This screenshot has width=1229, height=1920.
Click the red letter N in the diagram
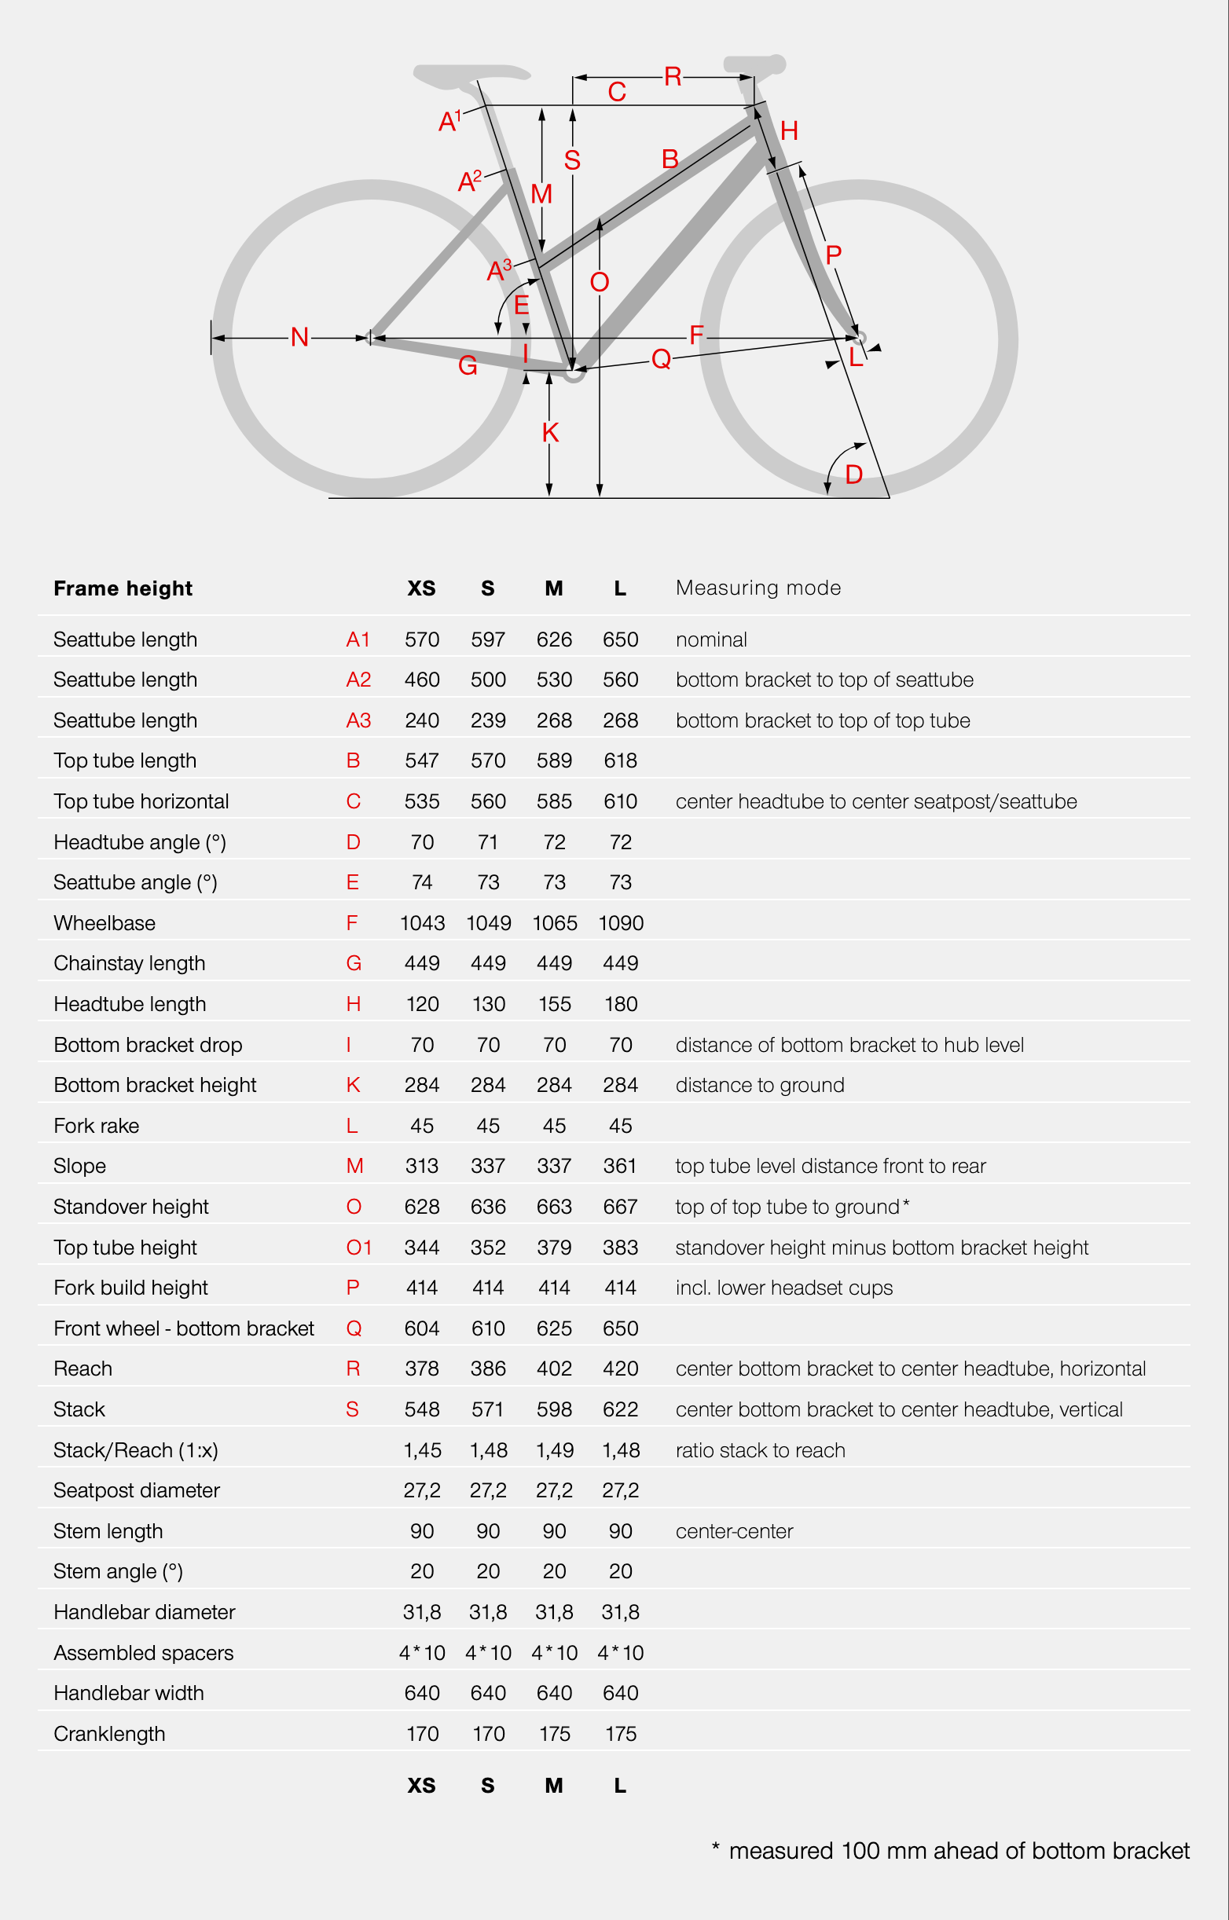(x=299, y=338)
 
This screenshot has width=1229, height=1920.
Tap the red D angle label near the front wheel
(x=853, y=475)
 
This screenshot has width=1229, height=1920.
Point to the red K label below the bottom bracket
(x=550, y=432)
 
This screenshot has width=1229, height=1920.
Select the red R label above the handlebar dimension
(x=672, y=76)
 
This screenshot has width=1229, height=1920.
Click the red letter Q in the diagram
(x=661, y=359)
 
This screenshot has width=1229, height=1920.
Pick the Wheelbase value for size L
(x=620, y=923)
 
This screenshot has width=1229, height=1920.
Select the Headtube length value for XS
(x=421, y=1003)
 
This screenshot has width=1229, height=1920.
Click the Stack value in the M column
(x=554, y=1409)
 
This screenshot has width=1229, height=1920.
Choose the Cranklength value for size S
(x=488, y=1733)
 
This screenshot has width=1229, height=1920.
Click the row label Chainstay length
(x=130, y=963)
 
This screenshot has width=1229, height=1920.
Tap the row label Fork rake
(x=96, y=1126)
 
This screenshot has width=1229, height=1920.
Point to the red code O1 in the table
(x=358, y=1247)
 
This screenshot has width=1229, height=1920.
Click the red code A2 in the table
(x=358, y=680)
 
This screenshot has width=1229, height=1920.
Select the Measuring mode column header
(x=758, y=588)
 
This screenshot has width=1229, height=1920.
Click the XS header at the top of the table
(x=421, y=588)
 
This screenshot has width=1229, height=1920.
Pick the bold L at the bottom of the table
(x=620, y=1785)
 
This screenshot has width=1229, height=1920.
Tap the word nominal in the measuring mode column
(x=711, y=639)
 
